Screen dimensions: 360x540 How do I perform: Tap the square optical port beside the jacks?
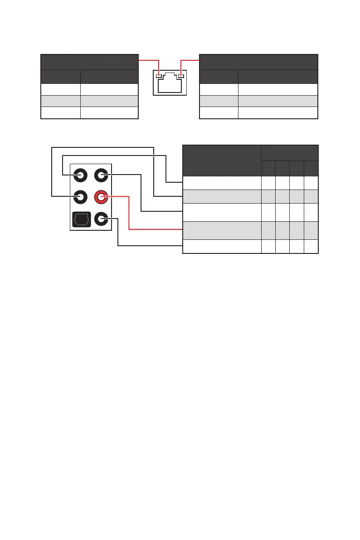click(80, 219)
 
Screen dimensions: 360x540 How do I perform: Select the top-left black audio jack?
click(80, 175)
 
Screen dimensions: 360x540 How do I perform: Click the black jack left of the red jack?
click(80, 197)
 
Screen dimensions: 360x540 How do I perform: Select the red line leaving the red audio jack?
click(130, 213)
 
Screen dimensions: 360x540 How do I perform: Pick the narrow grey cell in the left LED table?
click(61, 101)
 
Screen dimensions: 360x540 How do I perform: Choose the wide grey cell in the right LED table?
click(277, 101)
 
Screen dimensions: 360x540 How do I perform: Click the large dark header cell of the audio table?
click(222, 160)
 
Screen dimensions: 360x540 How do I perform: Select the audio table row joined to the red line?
click(222, 230)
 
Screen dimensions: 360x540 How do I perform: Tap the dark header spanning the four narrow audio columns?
click(290, 152)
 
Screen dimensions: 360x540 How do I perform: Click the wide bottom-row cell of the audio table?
click(222, 246)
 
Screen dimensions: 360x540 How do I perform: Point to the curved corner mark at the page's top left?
click(10, 12)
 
